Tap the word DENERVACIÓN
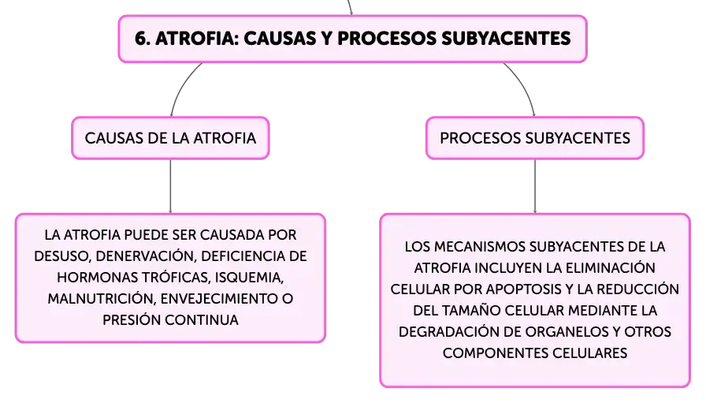(x=146, y=256)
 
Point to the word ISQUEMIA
(x=249, y=278)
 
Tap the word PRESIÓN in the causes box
(x=132, y=319)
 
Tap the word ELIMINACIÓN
(x=611, y=268)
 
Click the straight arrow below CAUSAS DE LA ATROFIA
(x=170, y=186)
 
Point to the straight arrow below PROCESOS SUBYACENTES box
(x=535, y=186)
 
